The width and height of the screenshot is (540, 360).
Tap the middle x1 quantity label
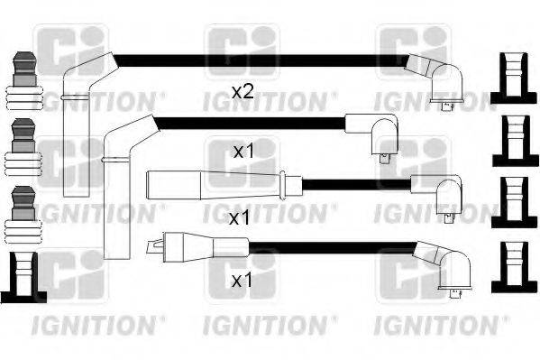pyautogui.click(x=239, y=217)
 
